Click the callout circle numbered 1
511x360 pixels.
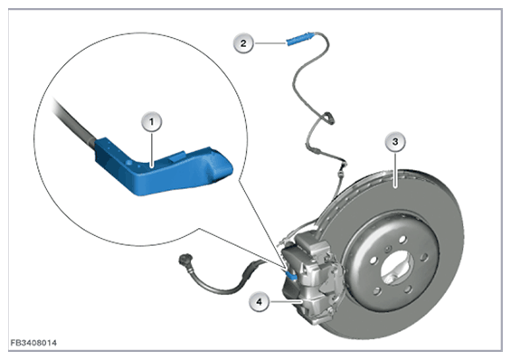(x=151, y=122)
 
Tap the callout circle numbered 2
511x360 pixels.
(x=243, y=43)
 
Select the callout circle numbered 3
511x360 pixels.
(x=395, y=142)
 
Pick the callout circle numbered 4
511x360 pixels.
(x=259, y=302)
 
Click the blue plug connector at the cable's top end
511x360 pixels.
(x=300, y=39)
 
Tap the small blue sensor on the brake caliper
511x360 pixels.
(x=291, y=275)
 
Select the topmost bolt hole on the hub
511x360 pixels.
(x=402, y=240)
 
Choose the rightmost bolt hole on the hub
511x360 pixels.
(x=423, y=258)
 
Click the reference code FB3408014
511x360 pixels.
(x=33, y=343)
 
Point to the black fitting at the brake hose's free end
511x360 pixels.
(x=185, y=260)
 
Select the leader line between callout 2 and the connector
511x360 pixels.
(x=270, y=43)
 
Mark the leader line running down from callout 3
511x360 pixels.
(x=395, y=170)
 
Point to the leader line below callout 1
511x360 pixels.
(x=152, y=149)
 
